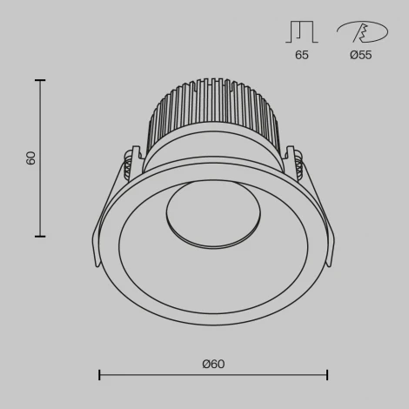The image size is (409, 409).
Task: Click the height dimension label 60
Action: coord(31,158)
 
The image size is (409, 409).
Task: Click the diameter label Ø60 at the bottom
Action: coord(213,364)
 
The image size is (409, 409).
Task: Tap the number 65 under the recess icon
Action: coord(301,55)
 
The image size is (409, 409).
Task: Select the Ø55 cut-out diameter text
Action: coord(361,55)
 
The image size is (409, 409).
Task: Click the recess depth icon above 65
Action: coord(301,32)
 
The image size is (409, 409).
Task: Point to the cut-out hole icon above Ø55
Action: coord(359,32)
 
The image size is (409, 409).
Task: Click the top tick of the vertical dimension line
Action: coord(39,80)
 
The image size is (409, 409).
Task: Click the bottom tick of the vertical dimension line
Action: coord(39,236)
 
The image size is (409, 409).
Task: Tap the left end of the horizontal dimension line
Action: coord(99,375)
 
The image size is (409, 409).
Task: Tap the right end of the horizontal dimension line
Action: coord(327,375)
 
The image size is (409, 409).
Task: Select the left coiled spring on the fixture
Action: coord(130,164)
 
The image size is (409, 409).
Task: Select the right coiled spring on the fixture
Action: coord(297,164)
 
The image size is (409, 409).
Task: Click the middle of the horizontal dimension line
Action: coord(213,375)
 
